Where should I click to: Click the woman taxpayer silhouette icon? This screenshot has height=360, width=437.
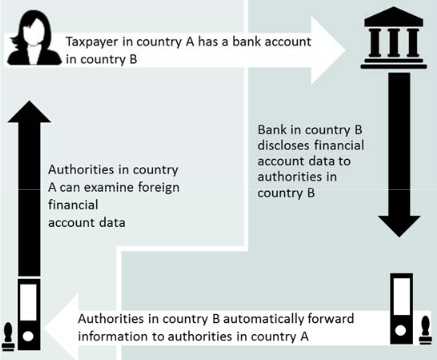click(x=34, y=38)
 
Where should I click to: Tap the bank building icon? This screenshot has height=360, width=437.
click(x=394, y=38)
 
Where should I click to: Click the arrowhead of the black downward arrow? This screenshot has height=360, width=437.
click(x=399, y=226)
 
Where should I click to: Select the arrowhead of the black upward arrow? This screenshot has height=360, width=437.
click(x=29, y=112)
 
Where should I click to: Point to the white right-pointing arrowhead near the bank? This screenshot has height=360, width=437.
click(x=328, y=51)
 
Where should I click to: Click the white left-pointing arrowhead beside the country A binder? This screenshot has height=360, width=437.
click(x=62, y=327)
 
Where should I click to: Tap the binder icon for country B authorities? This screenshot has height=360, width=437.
click(x=401, y=309)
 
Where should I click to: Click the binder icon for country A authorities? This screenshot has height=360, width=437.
click(x=29, y=314)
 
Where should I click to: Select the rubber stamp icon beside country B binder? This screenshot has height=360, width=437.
click(x=426, y=329)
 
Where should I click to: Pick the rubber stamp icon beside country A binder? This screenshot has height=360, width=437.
click(x=8, y=337)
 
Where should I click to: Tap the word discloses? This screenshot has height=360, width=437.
click(x=283, y=145)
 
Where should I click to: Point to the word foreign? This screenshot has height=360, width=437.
click(x=159, y=188)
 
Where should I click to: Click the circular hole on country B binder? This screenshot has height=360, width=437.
click(x=400, y=330)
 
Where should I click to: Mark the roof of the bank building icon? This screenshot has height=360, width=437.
click(x=394, y=17)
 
